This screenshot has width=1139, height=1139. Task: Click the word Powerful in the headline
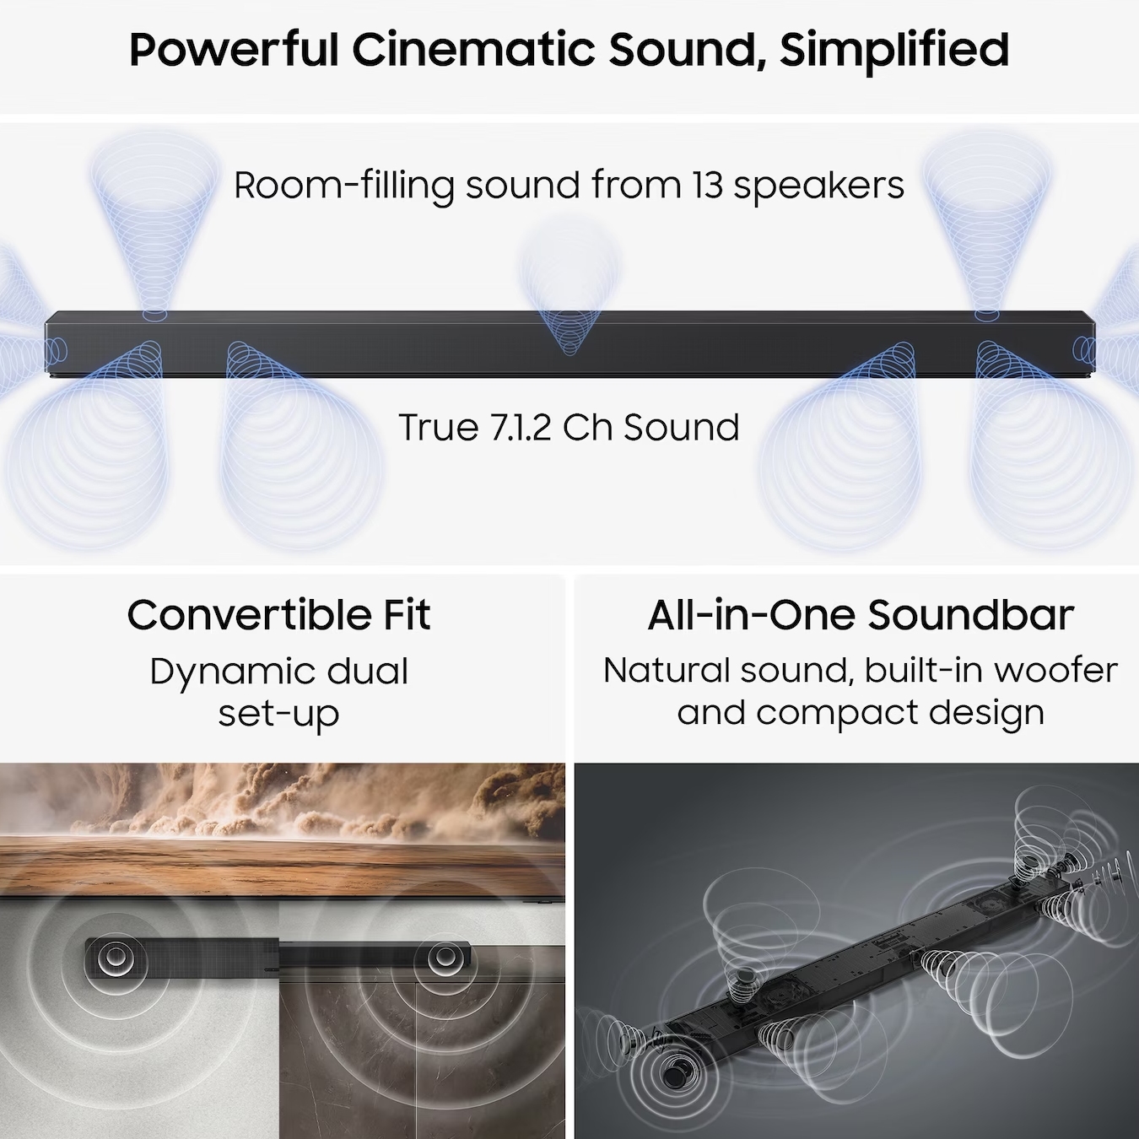coord(234,50)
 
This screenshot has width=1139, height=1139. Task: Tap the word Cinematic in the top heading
coord(473,50)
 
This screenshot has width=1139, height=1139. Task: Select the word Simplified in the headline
coord(894,51)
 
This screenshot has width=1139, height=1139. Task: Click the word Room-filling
coord(344,186)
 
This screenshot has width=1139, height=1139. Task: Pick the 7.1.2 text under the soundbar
coord(521,427)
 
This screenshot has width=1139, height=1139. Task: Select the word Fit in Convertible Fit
coord(408,615)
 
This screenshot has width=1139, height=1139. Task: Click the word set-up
coord(279,714)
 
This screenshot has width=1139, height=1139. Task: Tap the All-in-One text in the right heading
coord(751,615)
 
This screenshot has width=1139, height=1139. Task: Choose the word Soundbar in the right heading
coord(970,615)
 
